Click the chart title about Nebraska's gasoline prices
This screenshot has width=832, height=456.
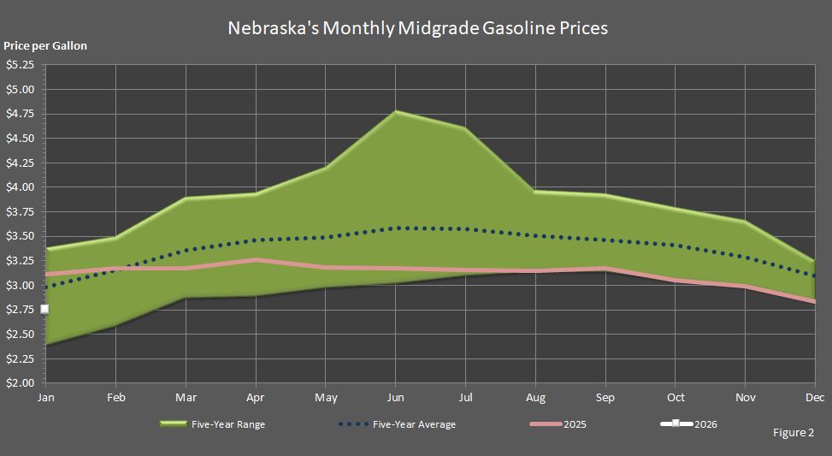coord(417,27)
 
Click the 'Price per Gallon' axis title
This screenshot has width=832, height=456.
coord(45,46)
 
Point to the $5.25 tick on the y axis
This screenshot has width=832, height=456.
coord(20,64)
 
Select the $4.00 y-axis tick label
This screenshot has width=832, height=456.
coord(20,187)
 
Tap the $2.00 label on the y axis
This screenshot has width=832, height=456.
coord(20,383)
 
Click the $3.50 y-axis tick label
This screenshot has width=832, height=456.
coord(20,236)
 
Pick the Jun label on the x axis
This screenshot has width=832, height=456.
coord(395,398)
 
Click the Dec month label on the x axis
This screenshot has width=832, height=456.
coord(814,398)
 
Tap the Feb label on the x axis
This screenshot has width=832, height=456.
coord(115,398)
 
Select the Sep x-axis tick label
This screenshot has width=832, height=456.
coord(605,398)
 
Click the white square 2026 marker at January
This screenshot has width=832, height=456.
coord(45,309)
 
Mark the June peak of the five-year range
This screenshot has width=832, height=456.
coord(395,111)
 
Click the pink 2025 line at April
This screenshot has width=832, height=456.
coord(256,260)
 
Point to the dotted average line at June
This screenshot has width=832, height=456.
coord(395,228)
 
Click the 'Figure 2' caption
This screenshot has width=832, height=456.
coord(793,433)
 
